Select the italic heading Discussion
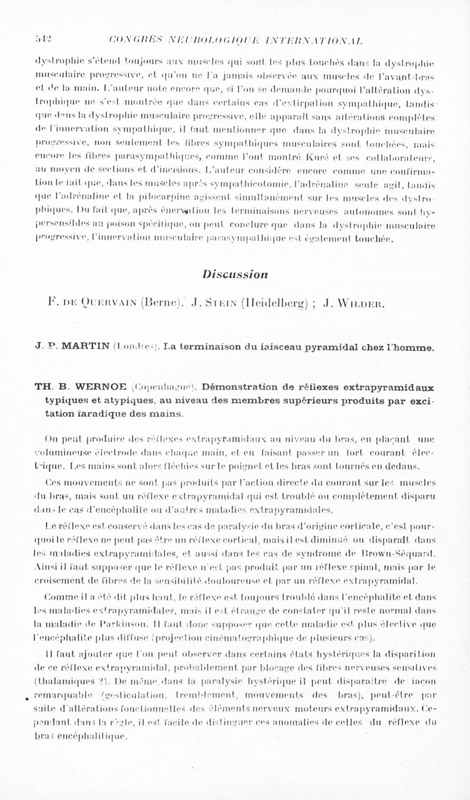(x=235, y=273)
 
